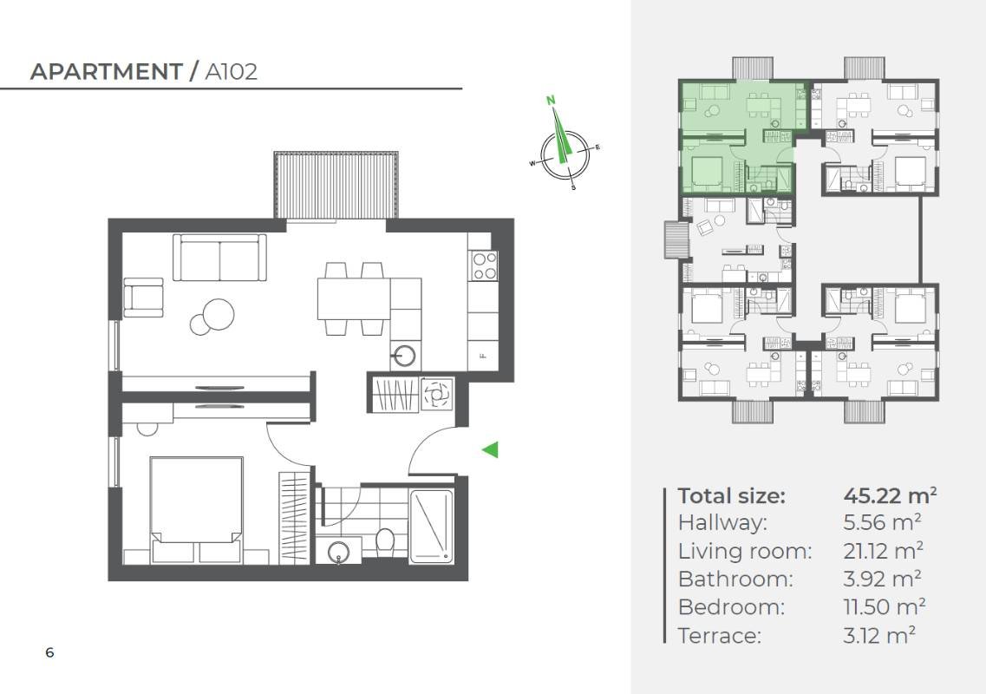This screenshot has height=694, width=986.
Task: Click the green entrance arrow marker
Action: [491, 449]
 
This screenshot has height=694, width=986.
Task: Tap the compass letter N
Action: [551, 100]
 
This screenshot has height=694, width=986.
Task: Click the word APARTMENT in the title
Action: [107, 72]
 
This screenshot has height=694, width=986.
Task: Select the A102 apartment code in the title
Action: [232, 72]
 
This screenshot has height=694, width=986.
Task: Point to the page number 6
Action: [49, 652]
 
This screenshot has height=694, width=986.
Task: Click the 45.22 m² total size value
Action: [890, 496]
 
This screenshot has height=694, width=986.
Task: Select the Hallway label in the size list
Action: [722, 523]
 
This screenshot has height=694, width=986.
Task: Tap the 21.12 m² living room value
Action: [883, 551]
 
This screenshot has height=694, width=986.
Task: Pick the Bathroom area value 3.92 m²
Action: [882, 579]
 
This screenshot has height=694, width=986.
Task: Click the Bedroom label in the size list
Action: [731, 607]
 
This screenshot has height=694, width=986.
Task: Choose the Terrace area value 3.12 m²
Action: [879, 636]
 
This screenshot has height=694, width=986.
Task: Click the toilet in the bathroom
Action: [384, 543]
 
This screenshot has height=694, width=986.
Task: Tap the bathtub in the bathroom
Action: [431, 527]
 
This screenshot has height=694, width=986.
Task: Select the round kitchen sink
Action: [404, 356]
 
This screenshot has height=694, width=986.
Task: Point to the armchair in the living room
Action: [143, 298]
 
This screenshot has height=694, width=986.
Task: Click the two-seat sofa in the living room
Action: [219, 258]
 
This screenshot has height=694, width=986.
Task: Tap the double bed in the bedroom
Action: [197, 510]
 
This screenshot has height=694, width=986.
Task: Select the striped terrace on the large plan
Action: [336, 185]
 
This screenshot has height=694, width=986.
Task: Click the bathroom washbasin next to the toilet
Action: [339, 551]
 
